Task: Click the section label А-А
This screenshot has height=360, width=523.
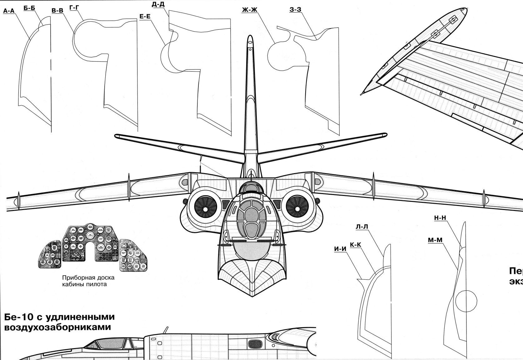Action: [x=9, y=11]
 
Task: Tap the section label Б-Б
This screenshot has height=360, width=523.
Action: [x=29, y=8]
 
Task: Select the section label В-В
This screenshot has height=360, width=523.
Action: [x=57, y=11]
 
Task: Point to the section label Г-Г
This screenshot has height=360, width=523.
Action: [x=74, y=7]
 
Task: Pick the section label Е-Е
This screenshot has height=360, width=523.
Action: [x=145, y=16]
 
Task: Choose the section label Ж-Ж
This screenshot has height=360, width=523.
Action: [x=249, y=10]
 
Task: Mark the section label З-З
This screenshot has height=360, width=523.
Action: [x=295, y=10]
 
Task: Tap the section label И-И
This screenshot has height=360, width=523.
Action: [x=340, y=249]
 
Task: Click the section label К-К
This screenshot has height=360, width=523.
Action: [x=356, y=245]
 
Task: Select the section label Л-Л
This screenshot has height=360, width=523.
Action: [x=362, y=226]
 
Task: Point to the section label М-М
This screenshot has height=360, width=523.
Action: [x=435, y=240]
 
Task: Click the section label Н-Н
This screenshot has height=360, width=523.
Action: [x=440, y=217]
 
